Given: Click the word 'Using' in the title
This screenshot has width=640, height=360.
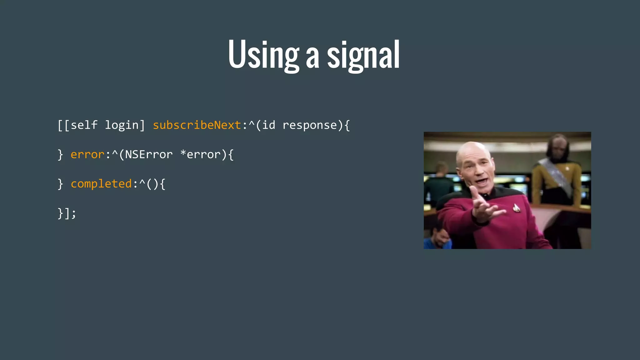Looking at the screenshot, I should [263, 55].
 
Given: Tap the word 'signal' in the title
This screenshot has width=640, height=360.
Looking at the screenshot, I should [363, 56].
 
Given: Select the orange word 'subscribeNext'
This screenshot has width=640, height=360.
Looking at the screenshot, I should [197, 125].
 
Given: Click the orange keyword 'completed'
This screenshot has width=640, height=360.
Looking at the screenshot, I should [101, 184].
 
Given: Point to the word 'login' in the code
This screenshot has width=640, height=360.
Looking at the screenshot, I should [122, 125].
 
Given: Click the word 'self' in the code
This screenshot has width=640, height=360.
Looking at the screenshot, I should [84, 125].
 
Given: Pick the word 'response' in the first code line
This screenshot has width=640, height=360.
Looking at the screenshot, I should [310, 125].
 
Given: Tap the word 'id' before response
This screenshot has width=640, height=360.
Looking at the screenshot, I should [269, 125].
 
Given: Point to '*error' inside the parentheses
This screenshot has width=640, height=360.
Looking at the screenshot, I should [200, 154].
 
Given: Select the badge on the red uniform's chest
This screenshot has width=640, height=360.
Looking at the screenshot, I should [516, 207].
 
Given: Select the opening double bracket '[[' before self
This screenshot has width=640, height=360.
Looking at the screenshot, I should [63, 125].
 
